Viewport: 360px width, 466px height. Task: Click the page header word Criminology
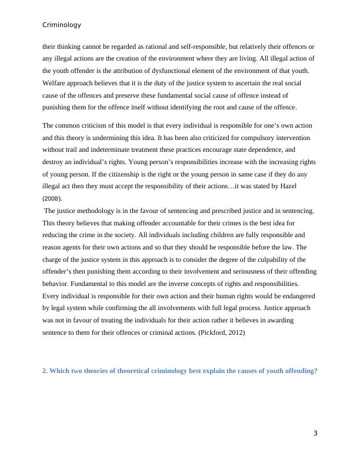62,25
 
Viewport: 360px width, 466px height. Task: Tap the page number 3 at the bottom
315,434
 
